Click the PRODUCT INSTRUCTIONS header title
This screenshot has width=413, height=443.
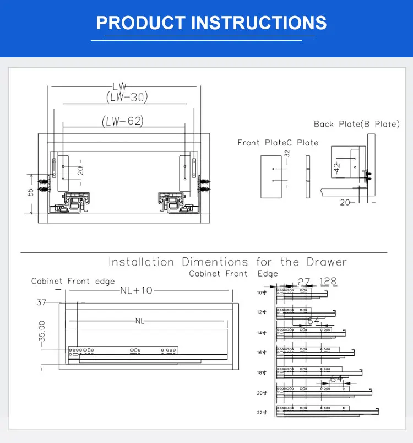coord(211,23)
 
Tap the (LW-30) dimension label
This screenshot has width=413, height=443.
coord(127,97)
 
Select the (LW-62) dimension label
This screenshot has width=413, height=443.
coord(122,121)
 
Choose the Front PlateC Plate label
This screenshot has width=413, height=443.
coord(278,143)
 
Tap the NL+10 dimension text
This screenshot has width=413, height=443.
coord(136,291)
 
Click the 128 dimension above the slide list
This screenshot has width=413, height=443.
coord(328,282)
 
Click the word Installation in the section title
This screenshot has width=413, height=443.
coord(141,262)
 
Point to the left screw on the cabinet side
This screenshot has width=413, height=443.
coord(42,182)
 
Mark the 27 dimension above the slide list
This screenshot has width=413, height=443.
coord(303,282)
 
